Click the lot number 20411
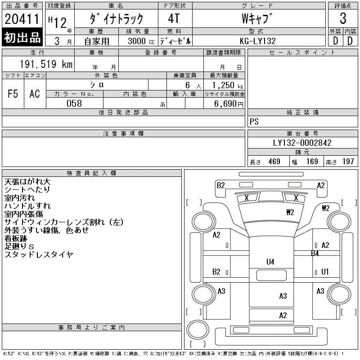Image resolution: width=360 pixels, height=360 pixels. click(x=22, y=19)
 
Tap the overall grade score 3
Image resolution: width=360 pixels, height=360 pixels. click(x=343, y=18)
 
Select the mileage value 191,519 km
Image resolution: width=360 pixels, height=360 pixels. click(x=46, y=64)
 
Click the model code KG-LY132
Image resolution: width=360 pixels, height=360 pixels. click(x=257, y=41)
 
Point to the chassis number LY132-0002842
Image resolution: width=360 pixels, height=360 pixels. click(x=302, y=143)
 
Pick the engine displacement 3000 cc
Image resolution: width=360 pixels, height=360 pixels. click(x=141, y=41)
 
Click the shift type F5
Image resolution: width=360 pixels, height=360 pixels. click(x=13, y=94)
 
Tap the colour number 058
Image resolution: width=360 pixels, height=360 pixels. click(x=74, y=103)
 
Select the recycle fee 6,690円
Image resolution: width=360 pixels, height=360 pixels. click(x=229, y=104)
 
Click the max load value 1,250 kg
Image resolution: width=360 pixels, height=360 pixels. click(x=227, y=85)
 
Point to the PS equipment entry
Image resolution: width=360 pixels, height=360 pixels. click(x=254, y=121)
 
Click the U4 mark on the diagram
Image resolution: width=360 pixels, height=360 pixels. click(x=270, y=262)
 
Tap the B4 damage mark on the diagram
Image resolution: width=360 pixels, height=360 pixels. click(x=315, y=253)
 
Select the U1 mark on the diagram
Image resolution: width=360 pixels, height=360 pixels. click(x=325, y=272)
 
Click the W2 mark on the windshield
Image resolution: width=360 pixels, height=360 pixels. click(x=290, y=212)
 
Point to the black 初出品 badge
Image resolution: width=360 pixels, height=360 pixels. click(x=22, y=37)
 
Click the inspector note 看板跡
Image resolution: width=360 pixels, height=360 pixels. click(x=16, y=238)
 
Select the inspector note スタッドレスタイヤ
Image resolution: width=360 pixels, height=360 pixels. click(x=39, y=255)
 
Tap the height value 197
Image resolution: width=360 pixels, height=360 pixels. click(x=348, y=162)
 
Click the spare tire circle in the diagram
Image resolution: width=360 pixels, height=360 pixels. click(x=198, y=329)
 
